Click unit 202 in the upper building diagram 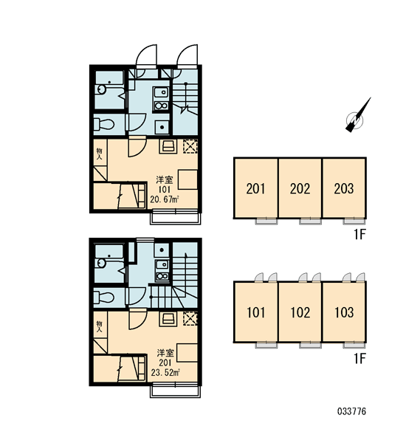(x=300, y=188)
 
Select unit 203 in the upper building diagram (x=344, y=188)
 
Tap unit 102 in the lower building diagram (x=300, y=312)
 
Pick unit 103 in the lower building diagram (x=344, y=312)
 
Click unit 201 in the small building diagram (x=255, y=188)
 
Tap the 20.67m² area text (x=165, y=200)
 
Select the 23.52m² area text (x=165, y=373)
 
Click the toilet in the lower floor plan (x=103, y=298)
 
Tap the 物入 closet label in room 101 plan (x=99, y=154)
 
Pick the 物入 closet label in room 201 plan (x=99, y=326)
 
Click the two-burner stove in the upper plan (x=162, y=106)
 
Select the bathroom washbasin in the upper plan (x=101, y=89)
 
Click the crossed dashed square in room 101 (x=190, y=146)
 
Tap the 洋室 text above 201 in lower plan (x=165, y=353)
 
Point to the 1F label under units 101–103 (x=360, y=359)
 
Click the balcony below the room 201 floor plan (x=175, y=391)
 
